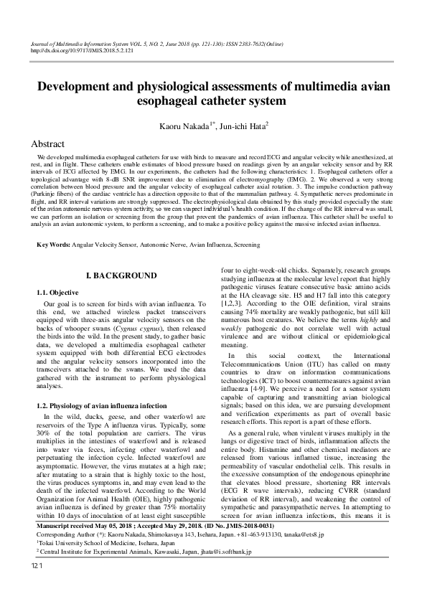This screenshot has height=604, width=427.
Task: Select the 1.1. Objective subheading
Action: (57, 293)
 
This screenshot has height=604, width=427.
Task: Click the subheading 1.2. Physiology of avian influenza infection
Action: (101, 405)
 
